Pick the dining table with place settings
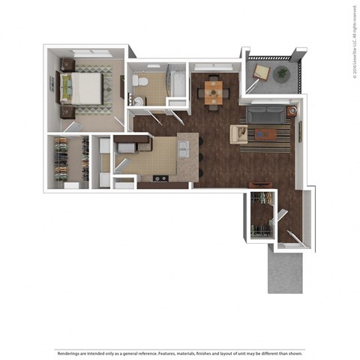coord(214,91)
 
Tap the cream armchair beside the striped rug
coord(240,134)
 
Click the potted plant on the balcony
coord(282,73)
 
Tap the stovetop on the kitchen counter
coord(160,178)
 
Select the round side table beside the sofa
coord(291,112)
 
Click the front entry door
coord(292,238)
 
